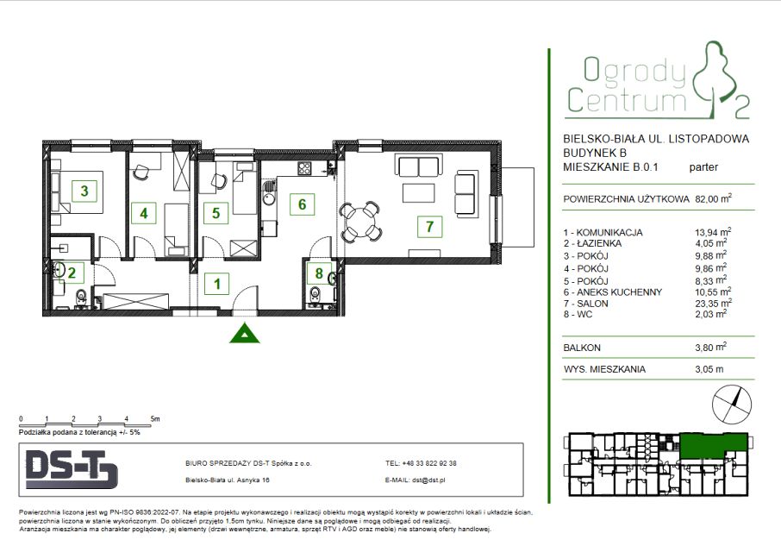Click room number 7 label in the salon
point(429,227)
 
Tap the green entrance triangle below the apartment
point(244,334)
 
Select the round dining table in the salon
point(361,220)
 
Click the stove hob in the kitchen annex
point(304,168)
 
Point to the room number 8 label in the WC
point(319,273)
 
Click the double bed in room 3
point(78,191)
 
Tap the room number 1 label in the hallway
point(216,284)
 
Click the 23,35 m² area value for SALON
point(713,303)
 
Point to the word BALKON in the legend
point(582,348)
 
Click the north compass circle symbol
point(732,405)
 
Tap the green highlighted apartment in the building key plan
point(714,445)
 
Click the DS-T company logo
point(72,469)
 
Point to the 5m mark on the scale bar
point(155,419)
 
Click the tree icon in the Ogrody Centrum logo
point(715,79)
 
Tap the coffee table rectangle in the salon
point(418,193)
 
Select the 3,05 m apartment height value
point(709,369)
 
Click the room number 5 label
point(216,213)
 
